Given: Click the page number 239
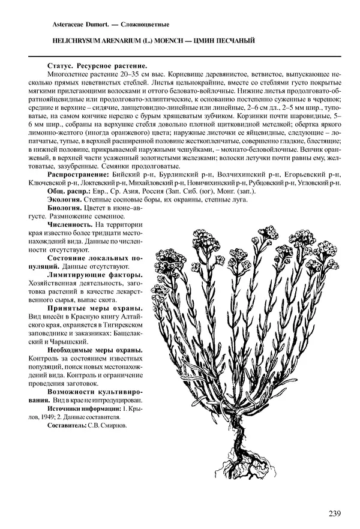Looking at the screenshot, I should click(x=336, y=513).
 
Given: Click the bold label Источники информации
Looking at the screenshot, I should click(x=81, y=408).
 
